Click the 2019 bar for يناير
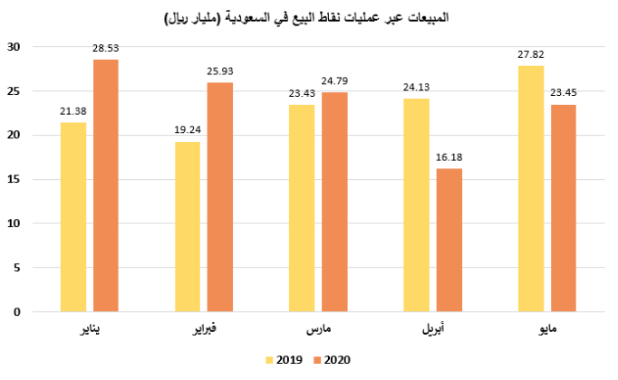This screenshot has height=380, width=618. click(73, 217)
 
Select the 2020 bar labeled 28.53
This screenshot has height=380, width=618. click(105, 185)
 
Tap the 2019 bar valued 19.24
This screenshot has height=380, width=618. click(188, 226)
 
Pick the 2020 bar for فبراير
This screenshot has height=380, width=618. click(220, 197)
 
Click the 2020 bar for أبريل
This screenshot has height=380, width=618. click(449, 240)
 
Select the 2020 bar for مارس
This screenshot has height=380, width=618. click(334, 202)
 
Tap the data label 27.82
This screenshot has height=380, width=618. click(531, 57)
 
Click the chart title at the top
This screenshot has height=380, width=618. click(308, 17)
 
